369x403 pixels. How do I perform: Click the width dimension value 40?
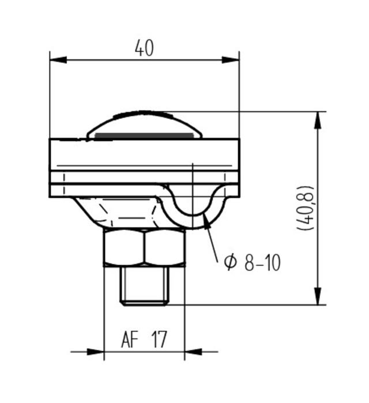[x=144, y=48]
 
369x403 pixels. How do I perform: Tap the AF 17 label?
[x=144, y=340]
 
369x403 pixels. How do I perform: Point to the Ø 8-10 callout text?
[x=253, y=263]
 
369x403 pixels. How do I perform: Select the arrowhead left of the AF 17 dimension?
[x=96, y=351]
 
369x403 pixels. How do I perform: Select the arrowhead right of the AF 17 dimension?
[x=193, y=351]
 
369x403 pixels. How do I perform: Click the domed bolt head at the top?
[x=144, y=123]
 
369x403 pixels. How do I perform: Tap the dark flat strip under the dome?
[x=144, y=136]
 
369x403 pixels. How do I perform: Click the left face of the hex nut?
[x=124, y=248]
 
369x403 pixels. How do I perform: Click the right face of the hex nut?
[x=165, y=248]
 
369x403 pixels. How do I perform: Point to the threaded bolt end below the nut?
[x=144, y=285]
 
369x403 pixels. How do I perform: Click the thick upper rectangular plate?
[x=144, y=155]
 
